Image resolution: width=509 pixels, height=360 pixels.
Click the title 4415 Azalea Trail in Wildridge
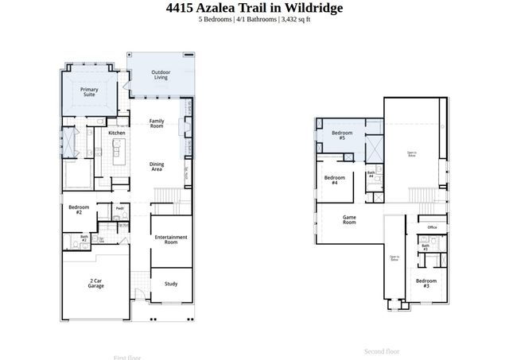(x=254, y=8)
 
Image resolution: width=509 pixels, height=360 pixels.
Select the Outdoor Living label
(x=161, y=75)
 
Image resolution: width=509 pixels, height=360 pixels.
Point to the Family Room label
(x=157, y=123)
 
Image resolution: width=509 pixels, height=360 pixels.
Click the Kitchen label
(x=117, y=133)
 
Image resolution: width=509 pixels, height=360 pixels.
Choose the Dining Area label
(x=157, y=167)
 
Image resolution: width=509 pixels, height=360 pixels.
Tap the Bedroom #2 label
(x=80, y=210)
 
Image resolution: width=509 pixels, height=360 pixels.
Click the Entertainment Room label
(x=171, y=239)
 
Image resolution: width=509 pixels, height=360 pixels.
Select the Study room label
(x=171, y=283)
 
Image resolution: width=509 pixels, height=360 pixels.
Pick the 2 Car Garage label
(x=96, y=283)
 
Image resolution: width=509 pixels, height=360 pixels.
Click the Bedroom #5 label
(x=342, y=135)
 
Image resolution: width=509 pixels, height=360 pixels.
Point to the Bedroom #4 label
(x=335, y=180)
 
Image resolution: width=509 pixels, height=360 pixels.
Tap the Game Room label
(x=349, y=220)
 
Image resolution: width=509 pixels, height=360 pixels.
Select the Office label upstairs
(x=432, y=227)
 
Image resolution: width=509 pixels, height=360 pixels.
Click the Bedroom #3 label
(x=426, y=283)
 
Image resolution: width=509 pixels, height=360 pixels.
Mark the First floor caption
(x=127, y=357)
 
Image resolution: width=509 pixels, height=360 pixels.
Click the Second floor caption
(x=382, y=351)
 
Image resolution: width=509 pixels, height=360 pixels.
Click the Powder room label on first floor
(x=119, y=208)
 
